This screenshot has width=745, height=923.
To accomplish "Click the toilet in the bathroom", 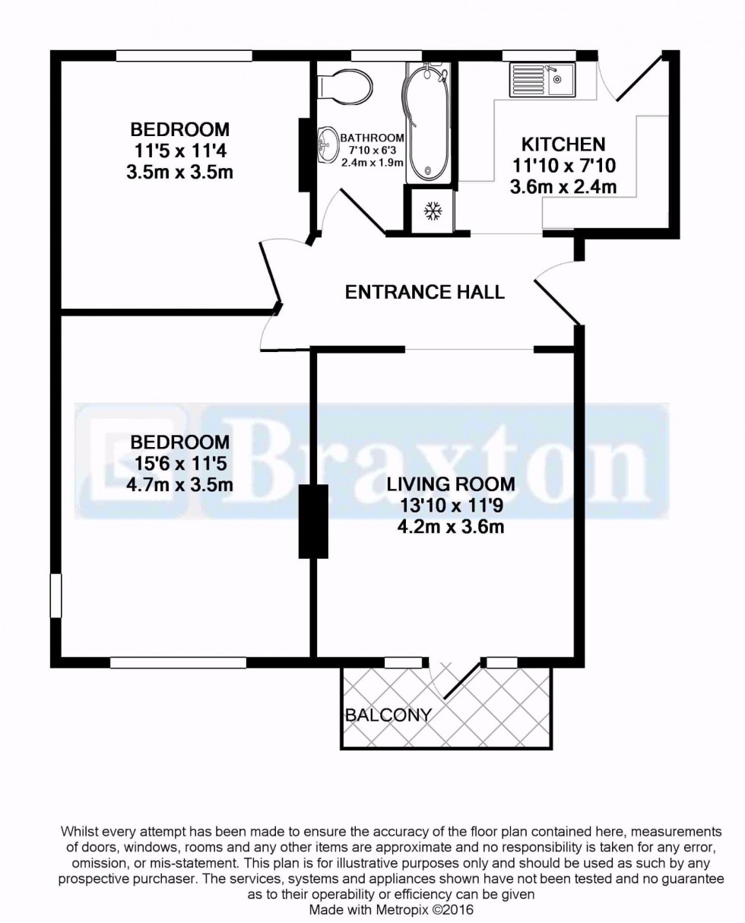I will click(x=344, y=84).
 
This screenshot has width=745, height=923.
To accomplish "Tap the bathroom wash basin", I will click(x=328, y=144).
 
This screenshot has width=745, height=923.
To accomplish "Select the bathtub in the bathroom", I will click(x=429, y=122).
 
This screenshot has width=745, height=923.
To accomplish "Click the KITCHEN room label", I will click(x=563, y=144).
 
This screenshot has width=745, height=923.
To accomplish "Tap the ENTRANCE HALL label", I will click(x=424, y=292).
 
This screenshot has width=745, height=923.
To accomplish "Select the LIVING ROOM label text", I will click(x=450, y=484).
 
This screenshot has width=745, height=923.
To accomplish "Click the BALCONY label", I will click(x=388, y=715).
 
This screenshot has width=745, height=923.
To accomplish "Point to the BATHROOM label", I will click(x=372, y=138).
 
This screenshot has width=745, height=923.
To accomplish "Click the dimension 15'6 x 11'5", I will click(x=179, y=463).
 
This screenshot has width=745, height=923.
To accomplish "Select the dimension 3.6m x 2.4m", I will click(x=563, y=185).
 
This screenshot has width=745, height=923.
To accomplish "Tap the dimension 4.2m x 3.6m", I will click(x=450, y=526).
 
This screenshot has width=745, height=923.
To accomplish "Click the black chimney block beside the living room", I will click(x=312, y=521).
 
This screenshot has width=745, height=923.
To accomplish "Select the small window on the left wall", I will click(x=55, y=595).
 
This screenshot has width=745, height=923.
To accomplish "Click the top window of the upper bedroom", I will click(x=184, y=56).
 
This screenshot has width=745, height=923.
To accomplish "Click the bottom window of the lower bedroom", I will click(x=178, y=663).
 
